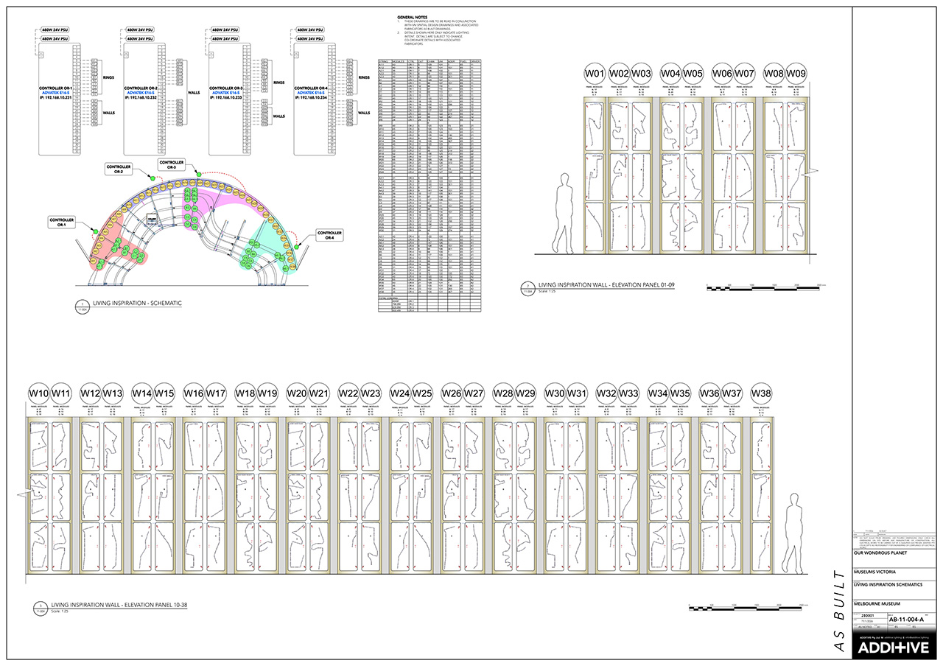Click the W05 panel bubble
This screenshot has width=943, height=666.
pyautogui.click(x=693, y=74)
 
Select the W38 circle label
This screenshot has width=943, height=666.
pyautogui.click(x=763, y=393)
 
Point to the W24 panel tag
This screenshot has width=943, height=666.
pyautogui.click(x=400, y=393)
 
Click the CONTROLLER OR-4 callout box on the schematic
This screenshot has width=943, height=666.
pyautogui.click(x=329, y=235)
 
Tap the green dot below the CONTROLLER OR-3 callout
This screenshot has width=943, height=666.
pyautogui.click(x=197, y=172)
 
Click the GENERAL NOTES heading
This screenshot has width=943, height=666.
pyautogui.click(x=413, y=15)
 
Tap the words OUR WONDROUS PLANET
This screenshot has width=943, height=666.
pyautogui.click(x=881, y=555)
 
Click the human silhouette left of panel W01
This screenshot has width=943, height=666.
pyautogui.click(x=565, y=214)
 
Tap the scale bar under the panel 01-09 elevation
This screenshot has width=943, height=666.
pyautogui.click(x=766, y=287)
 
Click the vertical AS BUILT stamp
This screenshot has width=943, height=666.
pyautogui.click(x=837, y=611)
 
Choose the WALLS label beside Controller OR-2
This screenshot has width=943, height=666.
pyautogui.click(x=194, y=94)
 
